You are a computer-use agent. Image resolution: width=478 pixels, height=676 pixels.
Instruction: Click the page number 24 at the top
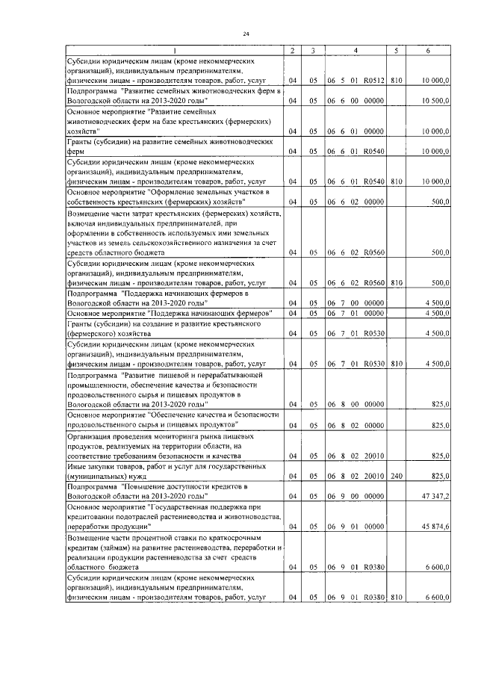point(245,34)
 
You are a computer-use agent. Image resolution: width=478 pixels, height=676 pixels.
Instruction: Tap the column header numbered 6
point(428,51)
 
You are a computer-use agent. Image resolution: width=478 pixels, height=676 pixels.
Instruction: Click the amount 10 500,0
point(435,99)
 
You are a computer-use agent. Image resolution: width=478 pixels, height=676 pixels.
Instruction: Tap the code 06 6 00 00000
point(355,99)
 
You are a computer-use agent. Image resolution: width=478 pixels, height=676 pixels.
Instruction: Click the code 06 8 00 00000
point(355,404)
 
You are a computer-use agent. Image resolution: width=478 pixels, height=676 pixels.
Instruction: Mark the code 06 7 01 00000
point(355,314)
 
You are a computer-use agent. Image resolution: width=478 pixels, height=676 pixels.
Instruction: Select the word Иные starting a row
point(76,465)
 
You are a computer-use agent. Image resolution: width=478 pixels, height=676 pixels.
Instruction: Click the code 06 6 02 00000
point(355,201)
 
